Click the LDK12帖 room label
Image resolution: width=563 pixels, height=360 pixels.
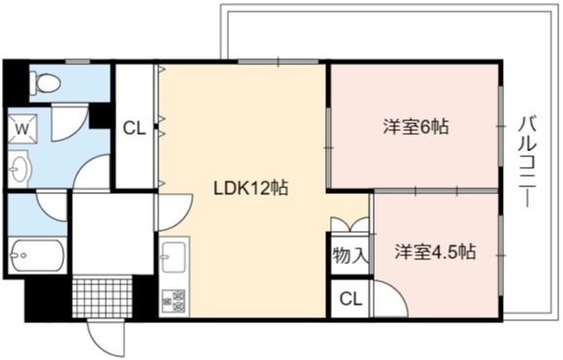point(250,187)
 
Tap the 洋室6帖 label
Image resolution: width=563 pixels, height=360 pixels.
point(415,126)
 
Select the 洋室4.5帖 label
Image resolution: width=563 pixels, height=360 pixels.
point(436,251)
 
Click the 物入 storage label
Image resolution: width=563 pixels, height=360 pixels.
point(350,255)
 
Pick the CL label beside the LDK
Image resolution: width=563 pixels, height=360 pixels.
point(134,128)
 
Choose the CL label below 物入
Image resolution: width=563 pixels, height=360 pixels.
point(350,299)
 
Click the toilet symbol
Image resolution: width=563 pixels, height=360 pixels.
point(45,82)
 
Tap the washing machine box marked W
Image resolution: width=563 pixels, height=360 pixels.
point(22,129)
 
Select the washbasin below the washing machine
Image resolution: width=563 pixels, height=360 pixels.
point(18,169)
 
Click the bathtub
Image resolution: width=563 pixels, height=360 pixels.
point(37,255)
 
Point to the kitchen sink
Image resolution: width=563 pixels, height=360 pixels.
point(174,256)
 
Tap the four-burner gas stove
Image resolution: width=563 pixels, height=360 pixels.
point(174,301)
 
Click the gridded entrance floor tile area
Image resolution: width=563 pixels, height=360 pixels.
point(102,298)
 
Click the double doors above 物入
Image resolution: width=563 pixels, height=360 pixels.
point(349,225)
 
